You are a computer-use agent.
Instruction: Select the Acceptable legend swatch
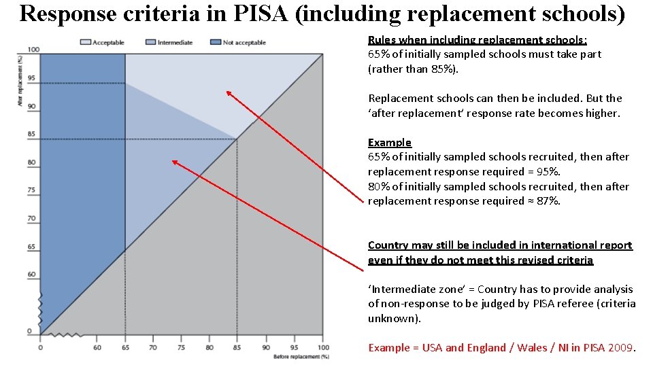click(85, 42)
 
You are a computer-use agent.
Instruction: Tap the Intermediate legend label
click(175, 43)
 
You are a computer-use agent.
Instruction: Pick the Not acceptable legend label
click(244, 43)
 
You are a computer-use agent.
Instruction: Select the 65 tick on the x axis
click(125, 347)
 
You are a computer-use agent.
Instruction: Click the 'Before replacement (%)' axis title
click(301, 356)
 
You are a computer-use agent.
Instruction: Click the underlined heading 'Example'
click(390, 143)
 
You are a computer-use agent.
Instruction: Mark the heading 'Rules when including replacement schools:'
click(478, 40)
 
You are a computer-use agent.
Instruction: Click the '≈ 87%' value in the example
click(545, 201)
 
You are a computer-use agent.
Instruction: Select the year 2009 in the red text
click(620, 348)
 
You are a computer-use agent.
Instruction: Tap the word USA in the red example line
click(433, 348)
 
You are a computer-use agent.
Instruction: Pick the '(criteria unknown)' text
click(502, 311)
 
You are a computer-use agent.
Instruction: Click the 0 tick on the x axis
click(40, 347)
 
